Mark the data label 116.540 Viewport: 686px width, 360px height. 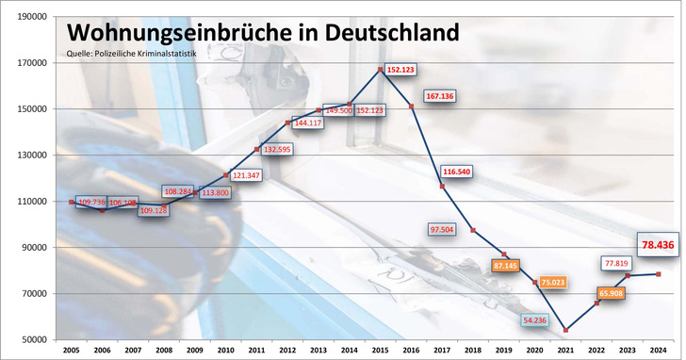[456, 172]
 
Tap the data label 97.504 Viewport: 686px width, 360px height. [441, 229]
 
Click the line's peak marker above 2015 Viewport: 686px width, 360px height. [380, 70]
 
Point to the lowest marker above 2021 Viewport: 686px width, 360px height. [565, 330]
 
